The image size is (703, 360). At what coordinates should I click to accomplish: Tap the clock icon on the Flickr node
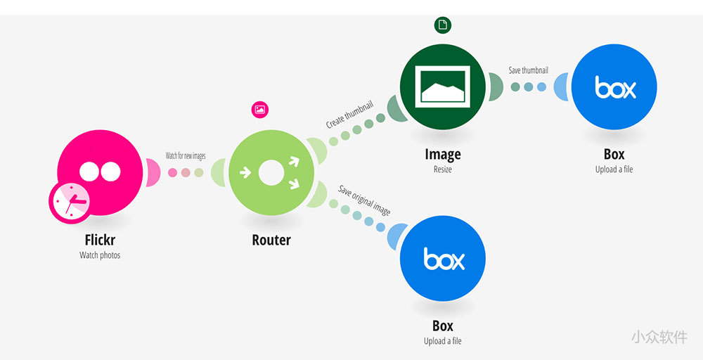70,201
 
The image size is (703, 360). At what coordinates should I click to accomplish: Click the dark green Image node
443,87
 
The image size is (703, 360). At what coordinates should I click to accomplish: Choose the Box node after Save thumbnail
614,87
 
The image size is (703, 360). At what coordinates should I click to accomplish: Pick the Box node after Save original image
443,258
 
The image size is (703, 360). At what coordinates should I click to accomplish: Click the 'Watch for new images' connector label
186,155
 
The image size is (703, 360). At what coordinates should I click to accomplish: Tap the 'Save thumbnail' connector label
529,70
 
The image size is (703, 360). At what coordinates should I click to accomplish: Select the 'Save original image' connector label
364,200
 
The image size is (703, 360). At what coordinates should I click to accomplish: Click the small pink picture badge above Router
261,109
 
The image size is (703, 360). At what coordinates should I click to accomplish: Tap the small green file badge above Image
443,25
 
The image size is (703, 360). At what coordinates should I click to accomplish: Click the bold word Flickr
100,240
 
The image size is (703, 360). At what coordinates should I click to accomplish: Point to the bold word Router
271,240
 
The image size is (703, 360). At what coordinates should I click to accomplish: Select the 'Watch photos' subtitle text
100,255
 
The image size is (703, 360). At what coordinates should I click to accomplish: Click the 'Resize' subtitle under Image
443,169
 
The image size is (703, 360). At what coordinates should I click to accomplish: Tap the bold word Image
443,154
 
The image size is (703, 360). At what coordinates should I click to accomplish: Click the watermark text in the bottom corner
659,337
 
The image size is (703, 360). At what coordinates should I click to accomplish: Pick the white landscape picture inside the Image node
443,86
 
